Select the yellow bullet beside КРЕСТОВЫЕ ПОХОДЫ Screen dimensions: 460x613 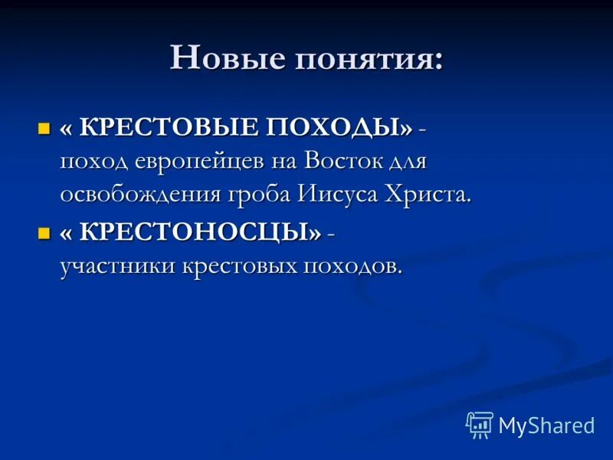44,128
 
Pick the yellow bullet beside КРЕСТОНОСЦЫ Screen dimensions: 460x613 44,232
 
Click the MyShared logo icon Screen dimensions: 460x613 480,424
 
